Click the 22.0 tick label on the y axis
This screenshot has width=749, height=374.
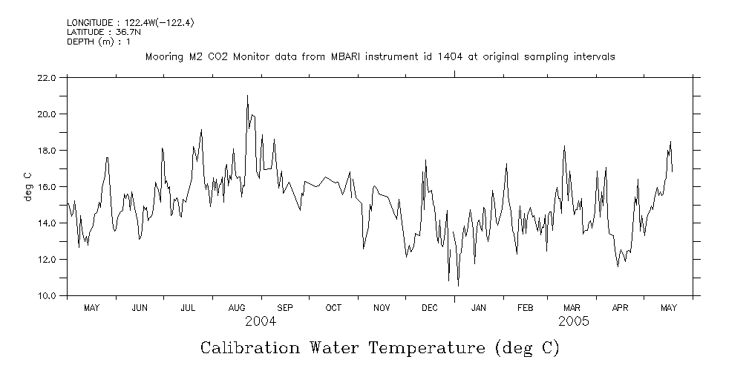coord(46,78)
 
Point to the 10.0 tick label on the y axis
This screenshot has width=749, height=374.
coord(46,296)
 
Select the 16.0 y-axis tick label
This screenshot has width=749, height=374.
coord(46,187)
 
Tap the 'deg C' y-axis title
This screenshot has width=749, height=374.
coord(27,186)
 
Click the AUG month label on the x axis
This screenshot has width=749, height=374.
coord(237,308)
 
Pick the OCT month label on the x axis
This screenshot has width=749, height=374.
coord(333,308)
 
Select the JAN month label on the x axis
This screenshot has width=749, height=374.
coord(479,308)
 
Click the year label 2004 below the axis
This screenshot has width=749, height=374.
coord(261,322)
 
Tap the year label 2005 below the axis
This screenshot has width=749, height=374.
coord(574,322)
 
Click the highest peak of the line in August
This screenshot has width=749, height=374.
coord(247,96)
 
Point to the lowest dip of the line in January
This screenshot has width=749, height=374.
coord(458,286)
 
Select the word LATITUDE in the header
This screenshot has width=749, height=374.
coord(86,33)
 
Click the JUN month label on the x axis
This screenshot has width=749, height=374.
coord(139,308)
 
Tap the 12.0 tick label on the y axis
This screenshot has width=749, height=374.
coord(46,260)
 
